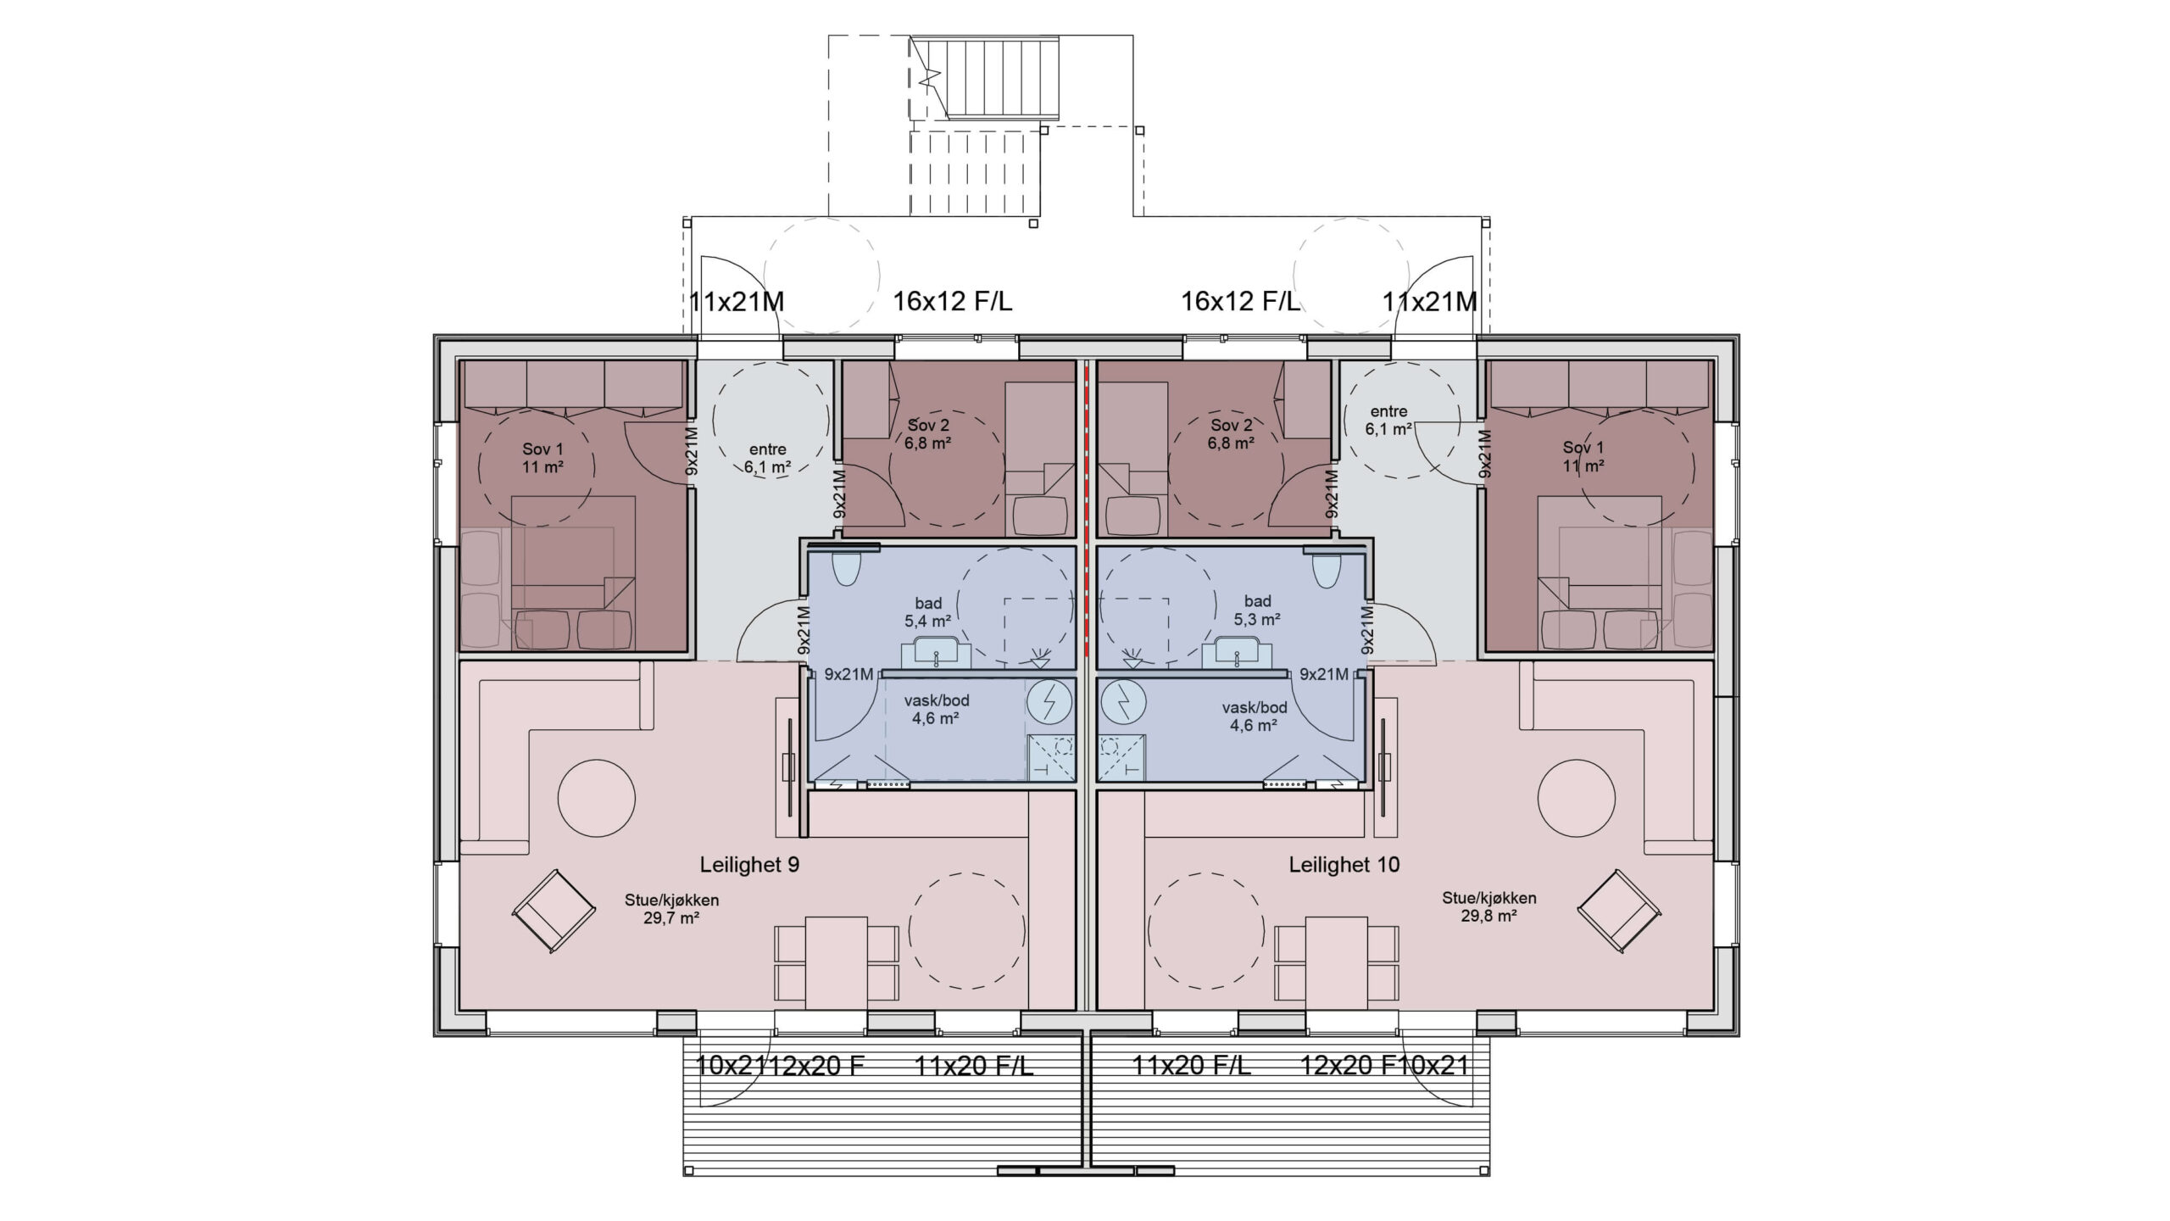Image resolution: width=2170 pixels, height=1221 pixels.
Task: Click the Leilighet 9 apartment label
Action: pos(749,865)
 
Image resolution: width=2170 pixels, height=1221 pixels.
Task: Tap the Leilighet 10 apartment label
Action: pos(1344,865)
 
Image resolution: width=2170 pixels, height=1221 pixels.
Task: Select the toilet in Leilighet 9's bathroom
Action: pos(846,570)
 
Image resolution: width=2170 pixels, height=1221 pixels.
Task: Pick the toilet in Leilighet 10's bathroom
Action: pos(1326,570)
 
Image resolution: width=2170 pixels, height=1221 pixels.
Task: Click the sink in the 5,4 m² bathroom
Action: pos(936,652)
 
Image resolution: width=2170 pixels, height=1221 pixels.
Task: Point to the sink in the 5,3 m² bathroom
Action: pos(1237,652)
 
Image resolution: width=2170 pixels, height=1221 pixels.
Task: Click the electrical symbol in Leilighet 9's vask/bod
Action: pos(1049,702)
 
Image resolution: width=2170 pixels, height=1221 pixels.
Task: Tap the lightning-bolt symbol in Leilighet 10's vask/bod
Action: pos(1123,702)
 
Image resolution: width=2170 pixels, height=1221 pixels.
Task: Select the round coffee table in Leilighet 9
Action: pos(597,799)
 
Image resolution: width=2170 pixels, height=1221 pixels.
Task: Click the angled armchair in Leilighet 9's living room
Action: pos(554,912)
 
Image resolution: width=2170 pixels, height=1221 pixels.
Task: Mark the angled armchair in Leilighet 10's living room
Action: pos(1618,912)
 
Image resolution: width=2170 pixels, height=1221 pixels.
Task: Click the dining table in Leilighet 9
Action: pos(837,963)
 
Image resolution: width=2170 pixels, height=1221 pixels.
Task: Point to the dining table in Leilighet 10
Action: pos(1337,963)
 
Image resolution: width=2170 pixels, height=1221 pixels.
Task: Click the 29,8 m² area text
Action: pos(1488,916)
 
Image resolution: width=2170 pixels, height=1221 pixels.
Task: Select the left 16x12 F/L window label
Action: pos(952,301)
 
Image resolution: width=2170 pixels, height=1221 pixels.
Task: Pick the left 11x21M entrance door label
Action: pos(736,301)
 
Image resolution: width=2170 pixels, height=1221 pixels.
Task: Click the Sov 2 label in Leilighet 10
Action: pos(1231,425)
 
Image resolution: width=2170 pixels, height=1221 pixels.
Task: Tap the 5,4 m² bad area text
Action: pos(927,621)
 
